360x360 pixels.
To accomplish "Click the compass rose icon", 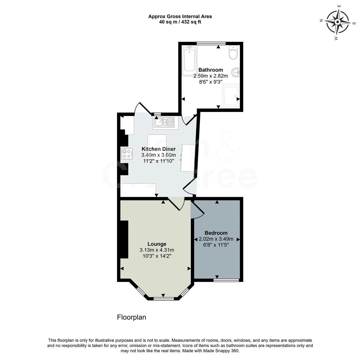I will point(337,22).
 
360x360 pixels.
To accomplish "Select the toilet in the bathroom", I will point(233,53).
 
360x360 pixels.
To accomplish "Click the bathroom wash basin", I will point(236,72).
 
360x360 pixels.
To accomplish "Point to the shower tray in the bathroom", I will point(231,96).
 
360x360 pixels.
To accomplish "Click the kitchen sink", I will point(163,122).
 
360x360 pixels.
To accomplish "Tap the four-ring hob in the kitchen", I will point(127,154).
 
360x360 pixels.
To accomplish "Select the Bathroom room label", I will point(211,70).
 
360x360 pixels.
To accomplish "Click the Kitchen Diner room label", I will point(158,149).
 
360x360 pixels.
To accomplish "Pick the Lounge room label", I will point(157,244).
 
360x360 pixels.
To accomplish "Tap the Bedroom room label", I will point(216,233).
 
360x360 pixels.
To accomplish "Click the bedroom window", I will point(226,280).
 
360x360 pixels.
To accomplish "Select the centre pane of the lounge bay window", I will point(163,299).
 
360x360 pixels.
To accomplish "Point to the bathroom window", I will point(211,43).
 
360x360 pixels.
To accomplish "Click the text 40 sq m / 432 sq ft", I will point(180,22).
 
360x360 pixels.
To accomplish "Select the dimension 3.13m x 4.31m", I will point(157,250).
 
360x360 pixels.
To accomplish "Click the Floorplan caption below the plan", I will point(131,317).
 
